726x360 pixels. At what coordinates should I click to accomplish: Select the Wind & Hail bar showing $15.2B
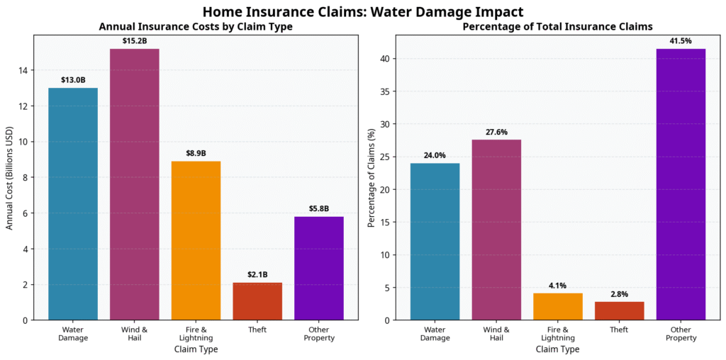pyautogui.click(x=134, y=184)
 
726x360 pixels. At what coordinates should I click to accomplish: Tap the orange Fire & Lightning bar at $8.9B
pyautogui.click(x=196, y=241)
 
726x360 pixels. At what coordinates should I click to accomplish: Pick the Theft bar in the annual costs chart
pyautogui.click(x=257, y=301)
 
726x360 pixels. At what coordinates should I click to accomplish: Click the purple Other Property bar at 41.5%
pyautogui.click(x=681, y=184)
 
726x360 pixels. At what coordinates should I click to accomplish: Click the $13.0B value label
pyautogui.click(x=73, y=80)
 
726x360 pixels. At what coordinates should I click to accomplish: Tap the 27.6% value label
pyautogui.click(x=496, y=132)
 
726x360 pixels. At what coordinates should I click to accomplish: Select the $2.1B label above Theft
pyautogui.click(x=257, y=275)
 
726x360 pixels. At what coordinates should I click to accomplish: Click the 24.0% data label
pyautogui.click(x=435, y=155)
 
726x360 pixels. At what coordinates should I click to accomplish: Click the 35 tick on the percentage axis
pyautogui.click(x=384, y=91)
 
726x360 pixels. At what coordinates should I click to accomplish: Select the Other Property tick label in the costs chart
pyautogui.click(x=319, y=334)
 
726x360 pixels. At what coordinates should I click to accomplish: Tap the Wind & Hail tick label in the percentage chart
pyautogui.click(x=496, y=334)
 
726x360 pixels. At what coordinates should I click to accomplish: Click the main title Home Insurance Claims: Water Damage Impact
pyautogui.click(x=362, y=12)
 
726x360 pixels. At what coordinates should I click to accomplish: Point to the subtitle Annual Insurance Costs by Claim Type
pyautogui.click(x=196, y=27)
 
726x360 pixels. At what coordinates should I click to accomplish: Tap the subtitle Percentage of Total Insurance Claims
pyautogui.click(x=557, y=27)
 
